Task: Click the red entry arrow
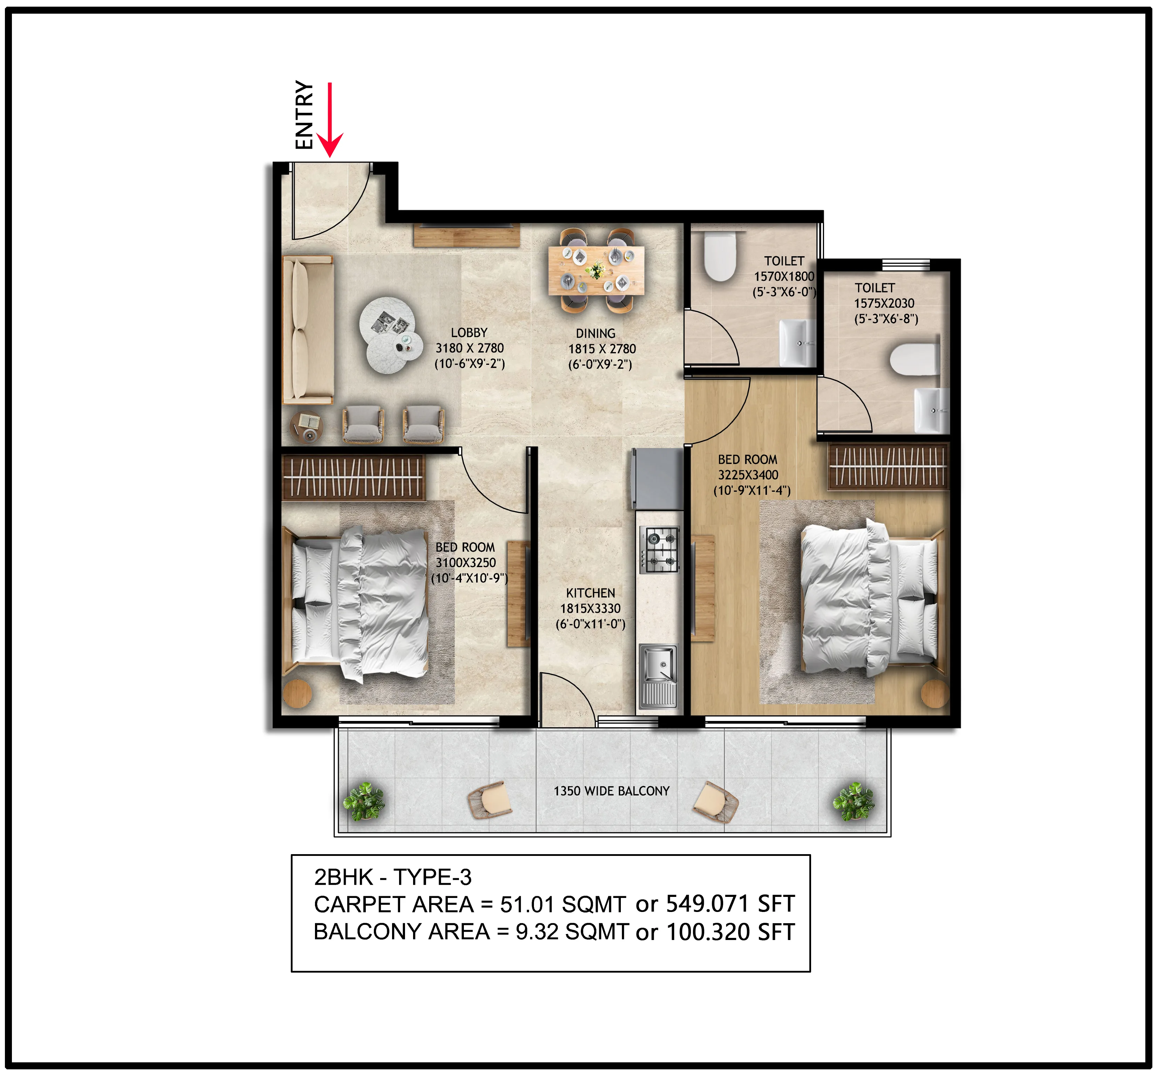coord(329,120)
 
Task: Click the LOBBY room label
coord(469,333)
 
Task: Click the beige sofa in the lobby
coord(307,330)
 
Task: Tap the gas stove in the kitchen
coord(659,549)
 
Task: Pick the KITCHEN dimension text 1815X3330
coord(590,608)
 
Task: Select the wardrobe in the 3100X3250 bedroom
coord(353,477)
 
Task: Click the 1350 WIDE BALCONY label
coord(611,791)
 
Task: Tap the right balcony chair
coord(715,801)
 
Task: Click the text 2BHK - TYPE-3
coord(392,877)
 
